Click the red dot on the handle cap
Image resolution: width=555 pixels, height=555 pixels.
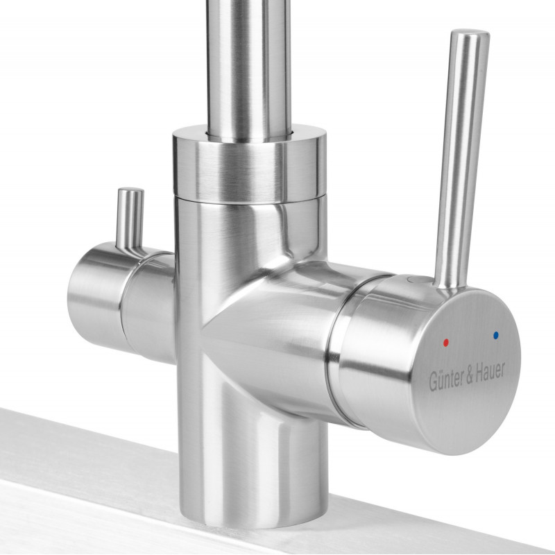pyautogui.click(x=445, y=342)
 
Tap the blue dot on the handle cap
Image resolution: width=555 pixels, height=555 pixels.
pyautogui.click(x=495, y=334)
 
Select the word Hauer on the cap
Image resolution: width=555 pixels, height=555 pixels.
pyautogui.click(x=490, y=371)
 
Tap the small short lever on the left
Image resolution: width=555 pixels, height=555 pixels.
pyautogui.click(x=130, y=219)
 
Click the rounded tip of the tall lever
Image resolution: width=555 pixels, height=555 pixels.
pyautogui.click(x=470, y=34)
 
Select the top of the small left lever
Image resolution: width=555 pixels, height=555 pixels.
pyautogui.click(x=130, y=190)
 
